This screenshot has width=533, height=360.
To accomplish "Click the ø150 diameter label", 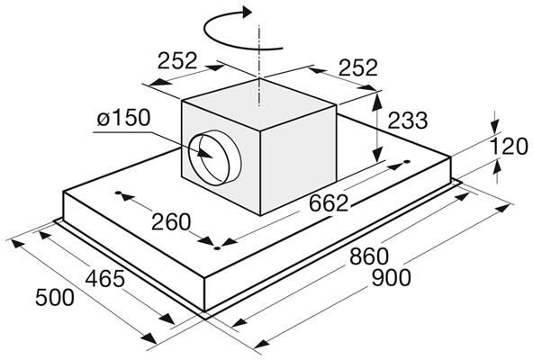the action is pyautogui.click(x=123, y=117).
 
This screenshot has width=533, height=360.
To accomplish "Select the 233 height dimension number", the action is pyautogui.click(x=407, y=121).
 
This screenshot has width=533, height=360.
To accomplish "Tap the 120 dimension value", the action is pyautogui.click(x=509, y=147).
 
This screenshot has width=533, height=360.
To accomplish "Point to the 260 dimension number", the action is pyautogui.click(x=171, y=222).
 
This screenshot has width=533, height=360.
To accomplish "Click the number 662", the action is pyautogui.click(x=329, y=202).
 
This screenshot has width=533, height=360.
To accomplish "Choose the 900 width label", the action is pyautogui.click(x=392, y=278).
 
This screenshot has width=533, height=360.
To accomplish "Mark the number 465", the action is pyautogui.click(x=105, y=279).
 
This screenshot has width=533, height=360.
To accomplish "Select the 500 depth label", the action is pyautogui.click(x=55, y=297).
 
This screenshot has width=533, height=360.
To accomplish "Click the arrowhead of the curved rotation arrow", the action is pyautogui.click(x=246, y=12).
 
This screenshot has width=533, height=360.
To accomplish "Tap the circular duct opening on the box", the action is pyautogui.click(x=215, y=157).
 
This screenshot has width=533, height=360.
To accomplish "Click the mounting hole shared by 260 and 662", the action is pyautogui.click(x=217, y=248).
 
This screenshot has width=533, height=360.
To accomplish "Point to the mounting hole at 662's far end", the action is pyautogui.click(x=407, y=161).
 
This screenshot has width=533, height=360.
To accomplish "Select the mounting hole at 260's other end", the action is pyautogui.click(x=118, y=193).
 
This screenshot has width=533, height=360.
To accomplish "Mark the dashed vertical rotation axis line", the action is pyautogui.click(x=259, y=66).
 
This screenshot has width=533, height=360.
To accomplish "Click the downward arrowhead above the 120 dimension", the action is pyautogui.click(x=495, y=127).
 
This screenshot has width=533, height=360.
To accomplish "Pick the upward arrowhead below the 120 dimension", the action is pyautogui.click(x=497, y=167).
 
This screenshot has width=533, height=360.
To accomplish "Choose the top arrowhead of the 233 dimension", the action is pyautogui.click(x=376, y=101).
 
